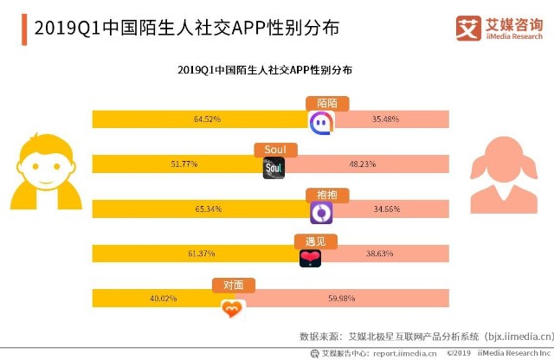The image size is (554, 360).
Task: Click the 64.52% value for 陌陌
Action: (x=207, y=119)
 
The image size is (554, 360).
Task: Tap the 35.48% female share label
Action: (x=385, y=119)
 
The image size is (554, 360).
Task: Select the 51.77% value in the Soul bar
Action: (x=184, y=164)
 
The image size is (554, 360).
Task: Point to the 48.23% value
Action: (x=363, y=164)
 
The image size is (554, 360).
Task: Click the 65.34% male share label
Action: (x=209, y=209)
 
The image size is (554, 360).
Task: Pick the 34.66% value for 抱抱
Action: (x=387, y=209)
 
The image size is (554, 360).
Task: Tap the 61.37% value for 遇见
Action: (x=202, y=254)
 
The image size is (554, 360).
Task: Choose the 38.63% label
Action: (x=380, y=254)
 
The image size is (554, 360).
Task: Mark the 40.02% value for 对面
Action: (x=164, y=299)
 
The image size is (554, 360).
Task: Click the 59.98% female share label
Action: (x=341, y=299)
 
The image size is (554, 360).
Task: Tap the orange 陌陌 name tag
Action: (x=327, y=104)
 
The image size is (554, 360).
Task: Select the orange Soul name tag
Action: (x=275, y=150)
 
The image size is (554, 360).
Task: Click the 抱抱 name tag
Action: (x=327, y=195)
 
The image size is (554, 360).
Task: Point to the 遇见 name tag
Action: (x=315, y=241)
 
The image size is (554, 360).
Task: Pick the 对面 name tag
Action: (x=233, y=286)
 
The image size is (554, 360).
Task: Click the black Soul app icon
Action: (x=274, y=168)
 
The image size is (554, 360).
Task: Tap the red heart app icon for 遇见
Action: (x=310, y=258)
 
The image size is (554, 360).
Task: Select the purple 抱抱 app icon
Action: (x=321, y=213)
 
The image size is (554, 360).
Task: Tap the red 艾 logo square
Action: (x=468, y=29)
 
